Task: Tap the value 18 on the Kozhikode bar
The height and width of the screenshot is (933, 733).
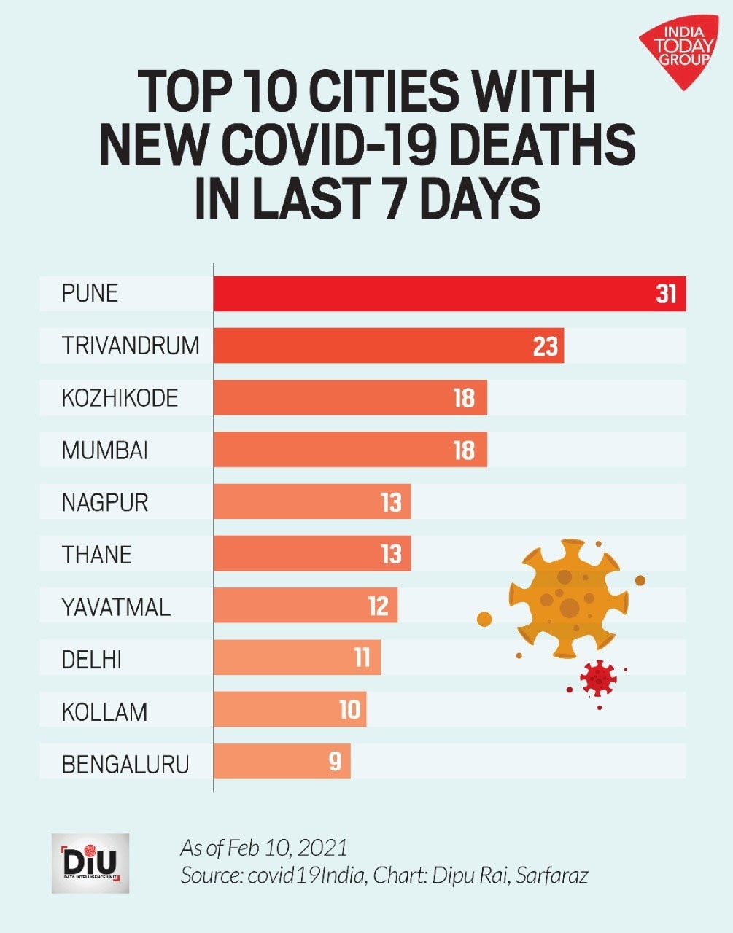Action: (464, 398)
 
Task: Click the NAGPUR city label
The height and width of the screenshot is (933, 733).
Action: (105, 503)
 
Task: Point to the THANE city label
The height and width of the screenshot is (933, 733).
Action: (97, 555)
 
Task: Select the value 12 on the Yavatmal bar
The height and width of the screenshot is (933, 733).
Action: (378, 606)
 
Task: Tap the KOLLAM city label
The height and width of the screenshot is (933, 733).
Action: (104, 712)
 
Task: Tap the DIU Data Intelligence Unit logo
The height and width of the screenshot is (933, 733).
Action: (90, 864)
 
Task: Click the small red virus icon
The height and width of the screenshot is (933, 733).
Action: (598, 678)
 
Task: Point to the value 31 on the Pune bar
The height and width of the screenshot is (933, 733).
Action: (666, 294)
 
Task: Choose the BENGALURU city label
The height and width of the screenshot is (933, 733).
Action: (125, 765)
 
